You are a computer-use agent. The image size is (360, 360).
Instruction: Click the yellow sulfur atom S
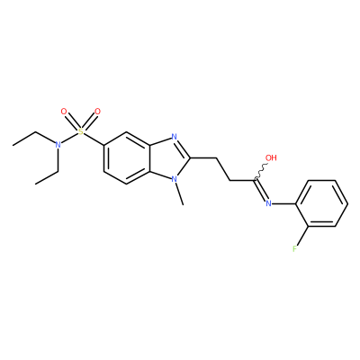pyautogui.click(x=80, y=131)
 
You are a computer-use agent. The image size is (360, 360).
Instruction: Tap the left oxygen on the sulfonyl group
pyautogui.click(x=63, y=112)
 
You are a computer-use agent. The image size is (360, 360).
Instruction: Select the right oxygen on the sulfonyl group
pyautogui.click(x=97, y=112)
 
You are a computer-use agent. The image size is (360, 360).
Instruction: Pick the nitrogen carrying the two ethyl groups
pyautogui.click(x=58, y=145)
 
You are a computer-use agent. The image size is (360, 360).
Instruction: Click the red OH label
pyautogui.click(x=271, y=157)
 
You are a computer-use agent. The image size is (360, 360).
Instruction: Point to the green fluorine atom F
pyautogui.click(x=295, y=248)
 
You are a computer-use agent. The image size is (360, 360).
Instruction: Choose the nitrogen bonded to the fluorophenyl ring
pyautogui.click(x=268, y=203)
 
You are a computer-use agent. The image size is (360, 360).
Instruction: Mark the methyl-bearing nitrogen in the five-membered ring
pyautogui.click(x=174, y=179)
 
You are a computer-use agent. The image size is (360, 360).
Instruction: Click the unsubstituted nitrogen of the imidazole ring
pyautogui.click(x=174, y=137)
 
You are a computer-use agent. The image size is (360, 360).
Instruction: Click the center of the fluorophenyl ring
pyautogui.click(x=321, y=203)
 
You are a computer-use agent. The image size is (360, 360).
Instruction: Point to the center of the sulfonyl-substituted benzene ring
pyautogui.click(x=127, y=158)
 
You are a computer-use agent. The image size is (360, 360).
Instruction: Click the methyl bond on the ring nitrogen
pyautogui.click(x=179, y=194)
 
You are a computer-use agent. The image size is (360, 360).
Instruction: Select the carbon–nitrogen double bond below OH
pyautogui.click(x=261, y=190)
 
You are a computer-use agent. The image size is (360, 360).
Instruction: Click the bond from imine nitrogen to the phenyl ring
pyautogui.click(x=284, y=203)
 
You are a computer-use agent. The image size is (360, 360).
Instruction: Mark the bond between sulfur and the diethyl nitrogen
pyautogui.click(x=69, y=138)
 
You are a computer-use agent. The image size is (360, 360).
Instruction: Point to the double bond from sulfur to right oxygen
pyautogui.click(x=90, y=122)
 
